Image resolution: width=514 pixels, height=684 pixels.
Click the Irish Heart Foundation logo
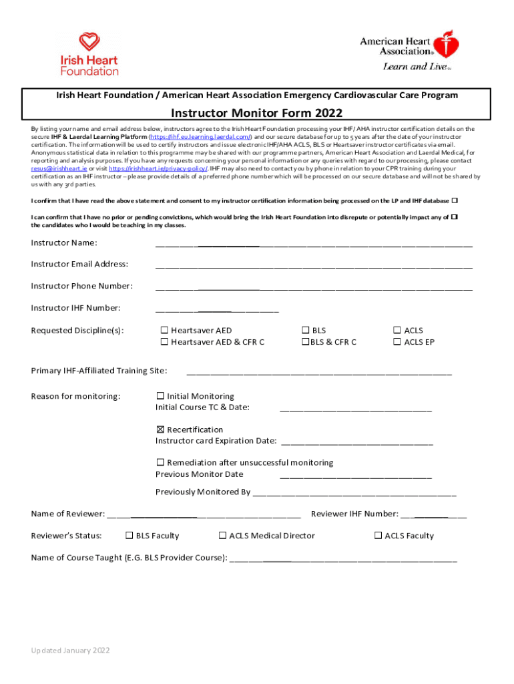click(x=89, y=53)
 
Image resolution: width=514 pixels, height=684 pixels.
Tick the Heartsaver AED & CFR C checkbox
click(x=163, y=342)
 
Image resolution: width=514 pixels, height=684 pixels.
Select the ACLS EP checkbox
click(x=397, y=342)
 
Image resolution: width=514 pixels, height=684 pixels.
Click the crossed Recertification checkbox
click(x=160, y=430)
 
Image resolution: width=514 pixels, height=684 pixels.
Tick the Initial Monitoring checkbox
click(x=160, y=396)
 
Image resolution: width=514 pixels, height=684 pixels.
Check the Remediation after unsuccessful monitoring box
click(x=160, y=462)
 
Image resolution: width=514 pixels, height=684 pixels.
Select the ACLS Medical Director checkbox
click(x=222, y=535)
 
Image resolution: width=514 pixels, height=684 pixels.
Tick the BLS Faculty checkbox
click(x=130, y=535)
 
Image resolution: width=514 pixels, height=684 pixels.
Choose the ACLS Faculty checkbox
click(x=378, y=535)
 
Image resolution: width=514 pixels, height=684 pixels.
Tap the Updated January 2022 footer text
click(x=71, y=651)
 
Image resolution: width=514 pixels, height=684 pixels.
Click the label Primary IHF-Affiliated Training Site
click(x=99, y=371)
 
